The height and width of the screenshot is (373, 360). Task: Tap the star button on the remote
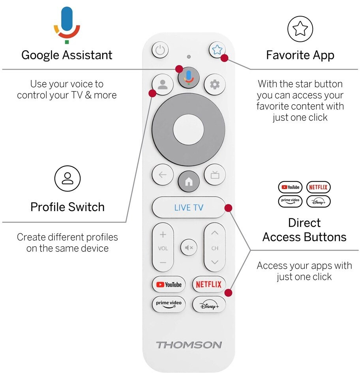click(x=217, y=50)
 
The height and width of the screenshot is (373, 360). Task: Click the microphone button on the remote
click(x=189, y=77)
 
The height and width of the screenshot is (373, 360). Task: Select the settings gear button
click(x=215, y=84)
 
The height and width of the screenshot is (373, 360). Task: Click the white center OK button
click(x=188, y=131)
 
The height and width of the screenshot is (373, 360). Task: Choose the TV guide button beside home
click(x=215, y=175)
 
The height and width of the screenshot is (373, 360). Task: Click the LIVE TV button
click(x=189, y=208)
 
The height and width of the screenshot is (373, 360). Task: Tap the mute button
click(x=189, y=247)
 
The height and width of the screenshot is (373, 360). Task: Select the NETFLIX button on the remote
click(x=209, y=284)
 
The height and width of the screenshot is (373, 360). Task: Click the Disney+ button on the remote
click(x=209, y=304)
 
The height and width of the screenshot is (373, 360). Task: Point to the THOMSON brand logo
click(x=189, y=345)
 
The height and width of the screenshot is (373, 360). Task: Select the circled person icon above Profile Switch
click(x=67, y=178)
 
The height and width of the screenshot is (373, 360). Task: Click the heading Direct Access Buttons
click(x=304, y=230)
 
